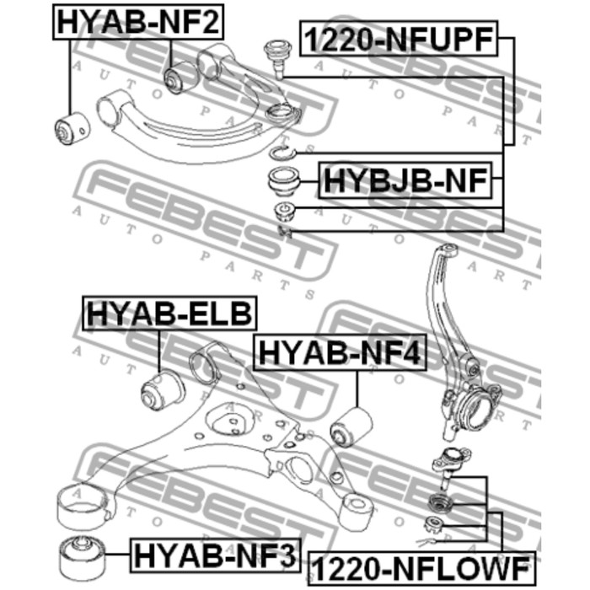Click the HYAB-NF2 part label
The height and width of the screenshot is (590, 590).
(x=138, y=22)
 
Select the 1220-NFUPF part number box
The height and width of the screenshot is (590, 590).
(x=399, y=39)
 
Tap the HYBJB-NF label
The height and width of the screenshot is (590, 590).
(x=405, y=180)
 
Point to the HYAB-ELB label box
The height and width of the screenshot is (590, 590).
(x=169, y=313)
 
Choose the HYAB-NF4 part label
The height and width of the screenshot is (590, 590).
(x=341, y=352)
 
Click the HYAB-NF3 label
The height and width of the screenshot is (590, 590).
(x=216, y=555)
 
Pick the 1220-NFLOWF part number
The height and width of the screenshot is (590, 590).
(x=421, y=569)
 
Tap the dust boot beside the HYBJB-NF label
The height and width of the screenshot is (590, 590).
(x=283, y=181)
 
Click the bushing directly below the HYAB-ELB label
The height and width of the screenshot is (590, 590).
(x=163, y=391)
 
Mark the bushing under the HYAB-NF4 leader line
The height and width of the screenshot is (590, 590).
(x=351, y=427)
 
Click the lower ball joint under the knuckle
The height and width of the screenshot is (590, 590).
(x=451, y=467)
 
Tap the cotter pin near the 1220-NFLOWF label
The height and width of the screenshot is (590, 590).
(x=426, y=542)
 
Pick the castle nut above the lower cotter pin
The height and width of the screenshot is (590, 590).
(x=434, y=523)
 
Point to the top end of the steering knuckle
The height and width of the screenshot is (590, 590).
(x=448, y=249)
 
